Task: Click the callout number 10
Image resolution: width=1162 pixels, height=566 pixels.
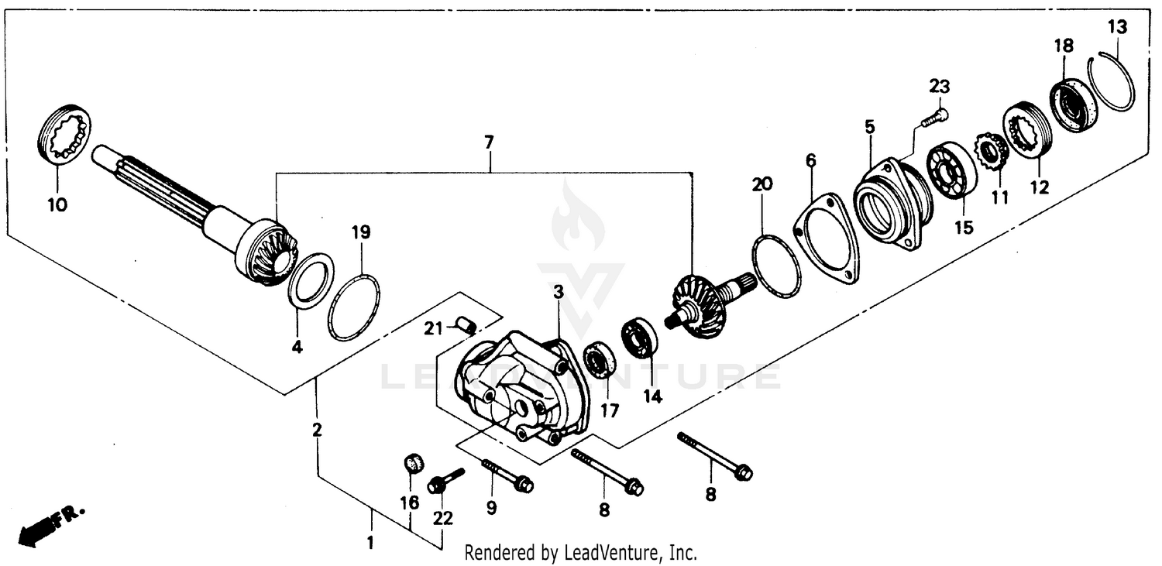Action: point(57,204)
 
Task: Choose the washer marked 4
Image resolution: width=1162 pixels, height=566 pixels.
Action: point(311,281)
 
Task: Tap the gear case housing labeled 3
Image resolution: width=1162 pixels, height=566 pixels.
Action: point(523,387)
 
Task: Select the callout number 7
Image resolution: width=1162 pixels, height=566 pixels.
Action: point(488,142)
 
